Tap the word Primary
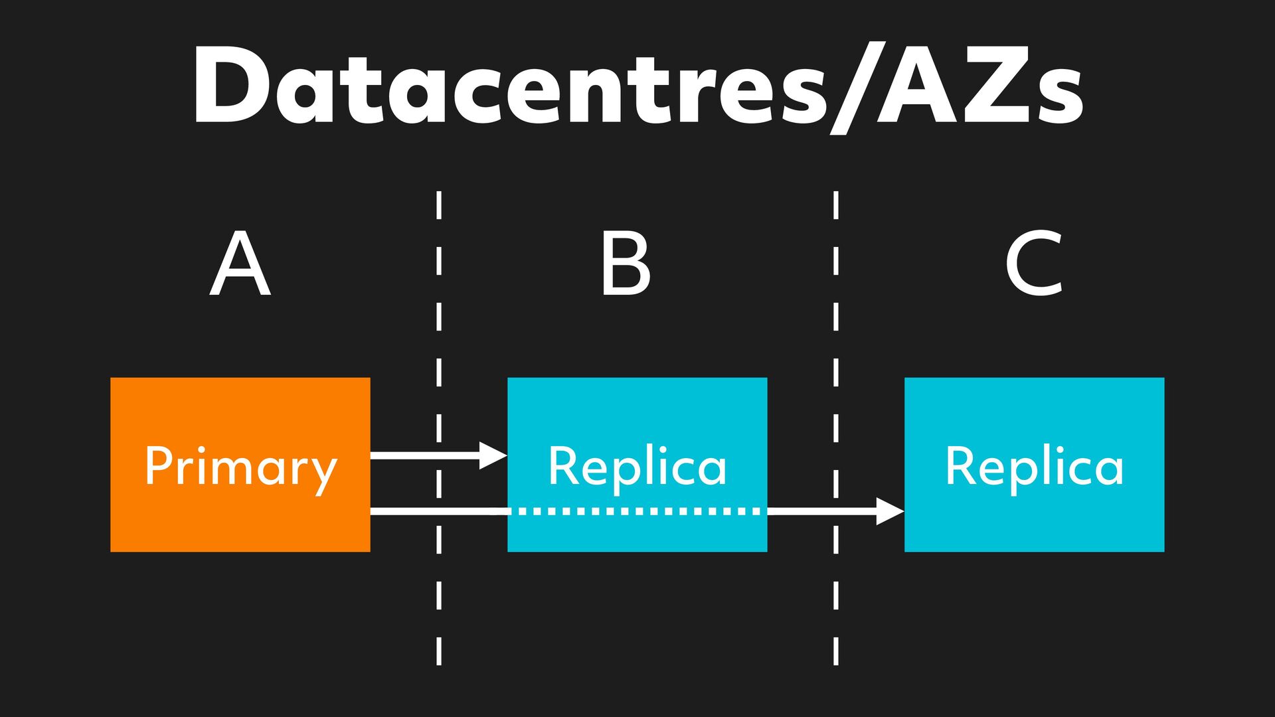(240, 467)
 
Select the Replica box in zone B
(637, 412)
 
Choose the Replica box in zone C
(1034, 412)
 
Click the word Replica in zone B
(637, 466)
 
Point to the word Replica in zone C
(1034, 466)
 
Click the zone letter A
(240, 264)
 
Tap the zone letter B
(625, 264)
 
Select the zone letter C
(1034, 264)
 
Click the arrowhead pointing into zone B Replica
(493, 455)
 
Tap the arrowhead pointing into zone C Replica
(890, 511)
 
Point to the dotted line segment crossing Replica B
(637, 511)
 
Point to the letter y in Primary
(323, 473)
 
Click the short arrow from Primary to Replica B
(425, 455)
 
